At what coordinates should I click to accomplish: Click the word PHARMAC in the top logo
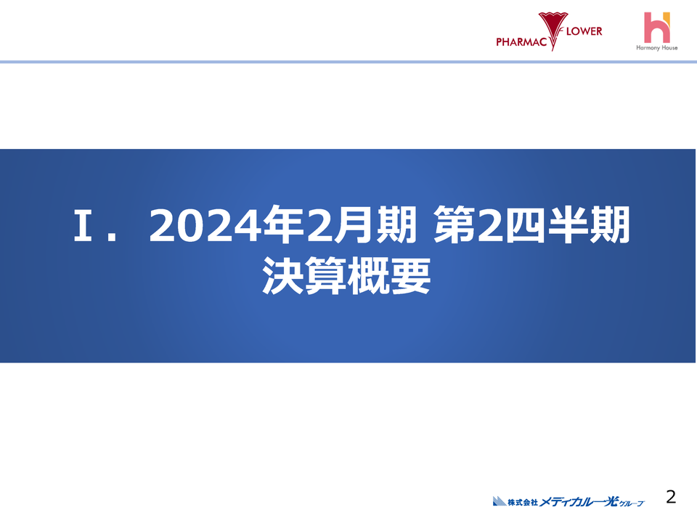coord(521,42)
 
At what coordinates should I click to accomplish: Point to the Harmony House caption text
coord(656,48)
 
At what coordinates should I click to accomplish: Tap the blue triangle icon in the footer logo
coord(499,500)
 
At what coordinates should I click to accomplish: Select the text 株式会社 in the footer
coord(522,501)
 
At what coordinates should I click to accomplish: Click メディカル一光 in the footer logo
coord(578,500)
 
